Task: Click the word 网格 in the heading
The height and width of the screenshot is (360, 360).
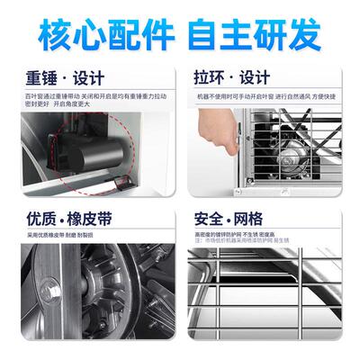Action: [x=269, y=220]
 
